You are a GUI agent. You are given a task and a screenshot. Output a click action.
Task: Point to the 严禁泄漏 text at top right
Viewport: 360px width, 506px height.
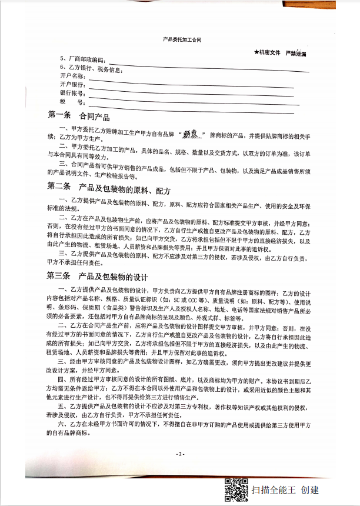(x=299, y=53)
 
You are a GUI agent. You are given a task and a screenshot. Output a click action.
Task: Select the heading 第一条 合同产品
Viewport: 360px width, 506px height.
(x=78, y=116)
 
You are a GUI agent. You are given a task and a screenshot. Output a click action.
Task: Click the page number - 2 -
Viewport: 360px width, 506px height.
(x=180, y=454)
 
